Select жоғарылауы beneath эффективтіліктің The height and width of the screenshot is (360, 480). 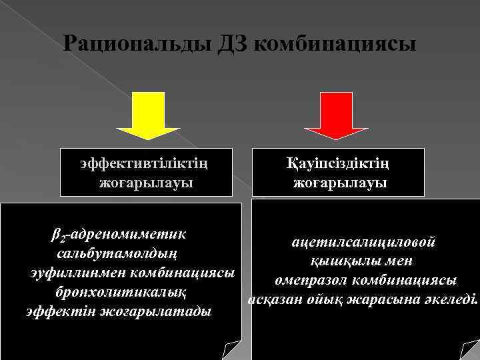pos(146,181)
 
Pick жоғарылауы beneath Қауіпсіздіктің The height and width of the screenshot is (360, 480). pos(339,181)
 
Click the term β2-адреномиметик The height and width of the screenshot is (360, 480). pos(118,235)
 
